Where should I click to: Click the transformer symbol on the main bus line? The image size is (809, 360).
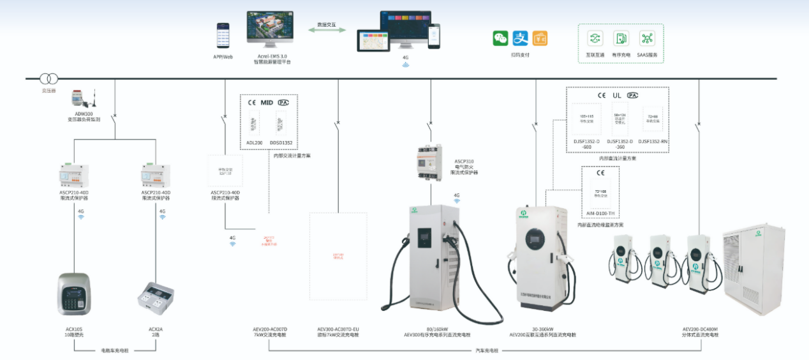[x=48, y=79]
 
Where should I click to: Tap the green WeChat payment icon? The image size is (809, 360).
[x=500, y=38]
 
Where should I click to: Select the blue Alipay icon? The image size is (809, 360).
[x=520, y=38]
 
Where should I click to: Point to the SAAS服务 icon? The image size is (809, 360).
[x=648, y=38]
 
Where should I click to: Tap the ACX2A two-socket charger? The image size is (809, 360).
[x=156, y=295]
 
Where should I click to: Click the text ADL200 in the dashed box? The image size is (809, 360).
[x=254, y=142]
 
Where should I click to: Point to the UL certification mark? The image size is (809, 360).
[x=617, y=95]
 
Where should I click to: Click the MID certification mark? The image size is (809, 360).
[x=266, y=102]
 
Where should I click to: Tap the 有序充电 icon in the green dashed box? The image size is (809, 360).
[x=621, y=38]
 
